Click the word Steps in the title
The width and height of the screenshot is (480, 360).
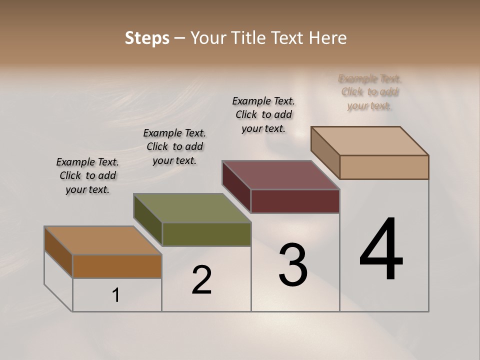click(x=147, y=38)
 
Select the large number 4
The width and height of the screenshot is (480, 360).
click(x=381, y=249)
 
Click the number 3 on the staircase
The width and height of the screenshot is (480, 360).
click(x=293, y=265)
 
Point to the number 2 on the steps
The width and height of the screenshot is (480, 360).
click(x=201, y=280)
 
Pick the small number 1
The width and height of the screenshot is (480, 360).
click(x=116, y=295)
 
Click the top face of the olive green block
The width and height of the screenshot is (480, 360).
click(x=192, y=208)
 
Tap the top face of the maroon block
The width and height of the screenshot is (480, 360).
click(x=281, y=175)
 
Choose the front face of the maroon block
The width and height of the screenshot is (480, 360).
click(x=295, y=201)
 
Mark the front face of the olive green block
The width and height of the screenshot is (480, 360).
click(x=206, y=234)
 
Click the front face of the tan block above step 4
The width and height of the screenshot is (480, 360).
click(x=384, y=167)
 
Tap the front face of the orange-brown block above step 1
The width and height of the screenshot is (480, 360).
click(x=117, y=266)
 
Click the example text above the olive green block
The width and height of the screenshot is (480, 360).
click(x=174, y=146)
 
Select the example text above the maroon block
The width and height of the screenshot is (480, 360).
click(x=263, y=114)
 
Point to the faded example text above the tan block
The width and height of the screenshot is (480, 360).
click(x=370, y=92)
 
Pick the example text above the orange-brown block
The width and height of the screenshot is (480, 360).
click(x=87, y=175)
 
